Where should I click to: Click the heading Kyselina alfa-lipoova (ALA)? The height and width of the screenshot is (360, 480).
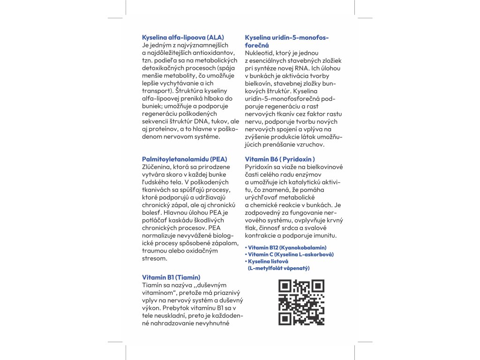[183, 37]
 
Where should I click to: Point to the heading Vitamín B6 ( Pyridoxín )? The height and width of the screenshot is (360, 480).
[280, 159]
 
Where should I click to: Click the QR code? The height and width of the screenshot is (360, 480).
[301, 302]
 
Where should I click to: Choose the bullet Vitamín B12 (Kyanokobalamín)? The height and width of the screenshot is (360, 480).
[287, 247]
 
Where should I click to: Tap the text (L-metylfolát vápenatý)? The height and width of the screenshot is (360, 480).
[278, 268]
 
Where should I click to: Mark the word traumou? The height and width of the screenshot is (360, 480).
[154, 251]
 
